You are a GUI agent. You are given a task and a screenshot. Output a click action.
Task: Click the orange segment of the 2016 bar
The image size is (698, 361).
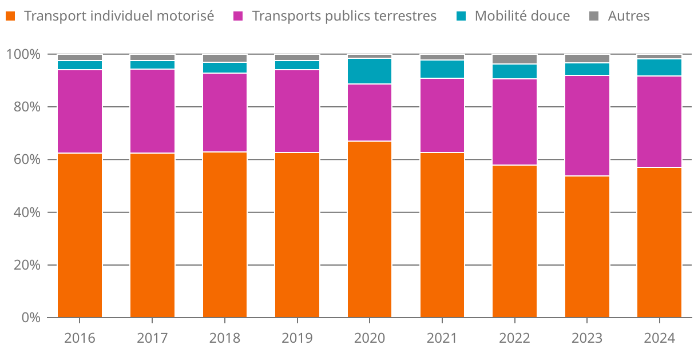coord(80,235)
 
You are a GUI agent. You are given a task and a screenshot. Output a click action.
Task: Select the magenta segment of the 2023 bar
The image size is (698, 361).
coord(587,126)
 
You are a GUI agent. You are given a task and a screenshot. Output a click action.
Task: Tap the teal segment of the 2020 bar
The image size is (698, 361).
coord(370,71)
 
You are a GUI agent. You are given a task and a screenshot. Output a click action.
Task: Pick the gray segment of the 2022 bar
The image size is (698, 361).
coord(514,59)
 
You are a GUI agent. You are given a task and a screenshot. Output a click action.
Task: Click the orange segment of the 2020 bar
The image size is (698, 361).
coord(370,229)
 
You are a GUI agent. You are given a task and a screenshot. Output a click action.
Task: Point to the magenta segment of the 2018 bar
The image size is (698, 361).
coord(225,113)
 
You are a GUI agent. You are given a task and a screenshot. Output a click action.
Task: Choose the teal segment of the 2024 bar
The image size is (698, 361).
coord(659,67)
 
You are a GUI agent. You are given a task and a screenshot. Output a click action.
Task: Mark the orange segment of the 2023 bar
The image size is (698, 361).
coord(587,247)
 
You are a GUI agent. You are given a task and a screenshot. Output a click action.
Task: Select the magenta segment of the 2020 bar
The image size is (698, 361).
coord(370,113)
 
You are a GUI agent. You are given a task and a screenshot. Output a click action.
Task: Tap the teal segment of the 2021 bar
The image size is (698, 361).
coord(442,69)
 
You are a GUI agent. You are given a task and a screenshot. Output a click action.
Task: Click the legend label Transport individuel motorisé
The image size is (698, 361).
coord(119,16)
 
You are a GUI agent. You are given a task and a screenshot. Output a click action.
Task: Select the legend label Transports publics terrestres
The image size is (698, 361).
coord(344,16)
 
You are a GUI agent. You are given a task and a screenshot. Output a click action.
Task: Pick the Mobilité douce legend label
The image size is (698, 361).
coord(522,16)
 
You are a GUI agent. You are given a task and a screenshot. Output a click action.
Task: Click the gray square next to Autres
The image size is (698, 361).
coord(593,16)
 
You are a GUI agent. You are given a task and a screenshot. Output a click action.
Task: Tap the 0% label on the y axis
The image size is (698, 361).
coord(29,318)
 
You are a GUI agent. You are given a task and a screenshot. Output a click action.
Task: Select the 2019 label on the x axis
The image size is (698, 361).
coord(297,338)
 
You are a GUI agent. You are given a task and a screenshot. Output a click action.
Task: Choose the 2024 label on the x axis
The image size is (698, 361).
coord(659,338)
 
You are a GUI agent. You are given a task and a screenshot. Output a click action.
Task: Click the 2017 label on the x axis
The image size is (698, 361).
coord(152,338)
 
